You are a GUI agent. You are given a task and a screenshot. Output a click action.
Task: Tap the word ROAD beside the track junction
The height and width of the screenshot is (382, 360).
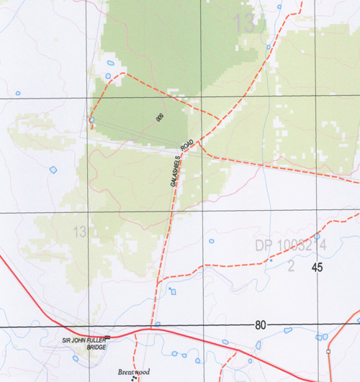point(188,146)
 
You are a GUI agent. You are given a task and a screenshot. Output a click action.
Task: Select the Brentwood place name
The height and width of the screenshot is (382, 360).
point(134,372)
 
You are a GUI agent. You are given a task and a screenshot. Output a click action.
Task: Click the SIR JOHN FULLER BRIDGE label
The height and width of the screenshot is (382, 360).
point(88,342)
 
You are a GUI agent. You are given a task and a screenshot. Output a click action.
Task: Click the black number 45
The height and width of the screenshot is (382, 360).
point(318,268)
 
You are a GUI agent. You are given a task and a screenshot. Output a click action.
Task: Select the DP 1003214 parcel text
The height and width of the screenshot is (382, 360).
point(291,246)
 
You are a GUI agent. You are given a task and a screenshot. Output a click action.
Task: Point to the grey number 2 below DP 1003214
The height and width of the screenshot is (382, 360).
point(291,267)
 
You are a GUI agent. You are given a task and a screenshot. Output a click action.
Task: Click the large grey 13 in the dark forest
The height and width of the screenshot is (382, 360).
point(244,24)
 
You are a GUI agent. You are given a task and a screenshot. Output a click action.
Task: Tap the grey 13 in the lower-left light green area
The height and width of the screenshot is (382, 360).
point(79,232)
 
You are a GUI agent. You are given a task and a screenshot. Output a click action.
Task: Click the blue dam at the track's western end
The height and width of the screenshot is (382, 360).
point(91,119)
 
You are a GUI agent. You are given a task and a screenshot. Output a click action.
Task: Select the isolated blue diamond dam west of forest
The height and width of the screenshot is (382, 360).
point(53,170)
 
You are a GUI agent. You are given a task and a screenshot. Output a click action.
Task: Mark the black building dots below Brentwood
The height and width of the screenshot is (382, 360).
point(133,378)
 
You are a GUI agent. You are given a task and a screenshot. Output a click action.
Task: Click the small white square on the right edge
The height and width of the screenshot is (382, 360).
point(328,352)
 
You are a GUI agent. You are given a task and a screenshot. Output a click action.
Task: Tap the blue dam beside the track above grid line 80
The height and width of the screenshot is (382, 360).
point(172,291)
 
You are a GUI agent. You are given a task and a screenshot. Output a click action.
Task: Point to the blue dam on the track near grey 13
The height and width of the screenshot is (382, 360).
point(269,47)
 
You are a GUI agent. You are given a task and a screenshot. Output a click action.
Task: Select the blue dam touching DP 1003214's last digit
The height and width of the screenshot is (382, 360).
point(317,236)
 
